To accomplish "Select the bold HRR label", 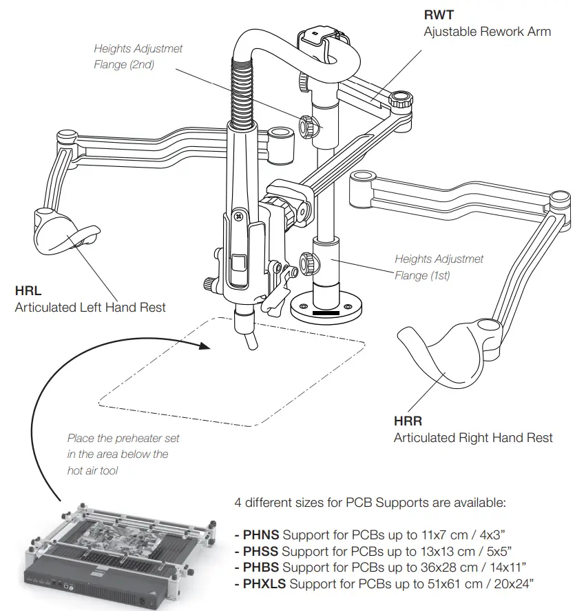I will click(408, 421).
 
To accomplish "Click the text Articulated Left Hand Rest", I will click(90, 307).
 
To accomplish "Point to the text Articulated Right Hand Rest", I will click(473, 438).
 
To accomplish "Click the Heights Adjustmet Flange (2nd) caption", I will click(138, 57).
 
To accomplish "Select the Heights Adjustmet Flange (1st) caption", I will click(439, 268).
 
